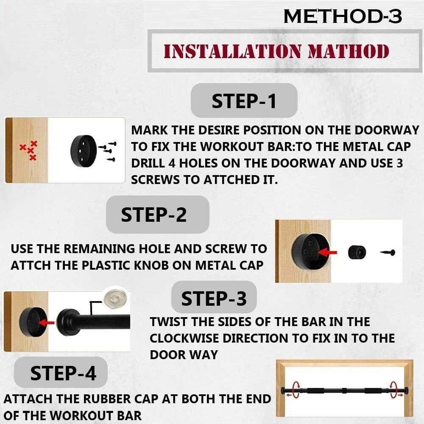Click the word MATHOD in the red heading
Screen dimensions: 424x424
[348, 51]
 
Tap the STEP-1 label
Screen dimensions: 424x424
[244, 101]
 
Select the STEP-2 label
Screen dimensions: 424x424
[154, 215]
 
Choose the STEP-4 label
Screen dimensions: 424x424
[63, 373]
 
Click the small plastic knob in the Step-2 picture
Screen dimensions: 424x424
[357, 252]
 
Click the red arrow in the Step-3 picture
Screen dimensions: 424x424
[47, 322]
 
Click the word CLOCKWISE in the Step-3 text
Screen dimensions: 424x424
[184, 338]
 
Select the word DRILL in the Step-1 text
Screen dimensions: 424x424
[148, 163]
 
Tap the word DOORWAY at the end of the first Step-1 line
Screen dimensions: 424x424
[387, 130]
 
